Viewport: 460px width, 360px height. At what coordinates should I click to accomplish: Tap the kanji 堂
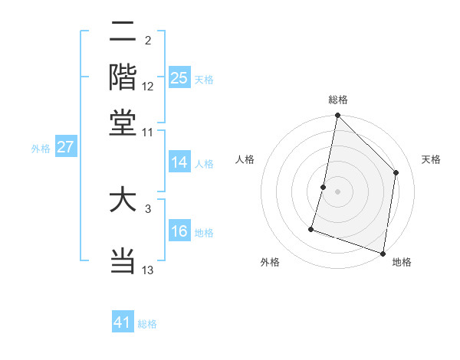[x=123, y=123]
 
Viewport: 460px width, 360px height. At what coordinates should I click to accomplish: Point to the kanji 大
[x=123, y=201]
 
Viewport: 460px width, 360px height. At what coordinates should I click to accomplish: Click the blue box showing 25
[x=179, y=77]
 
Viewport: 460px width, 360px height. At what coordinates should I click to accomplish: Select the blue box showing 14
[x=179, y=162]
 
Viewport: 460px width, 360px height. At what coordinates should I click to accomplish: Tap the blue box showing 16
[x=179, y=231]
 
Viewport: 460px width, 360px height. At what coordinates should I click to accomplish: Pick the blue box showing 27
[x=65, y=148]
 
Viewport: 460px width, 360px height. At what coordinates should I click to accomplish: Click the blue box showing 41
[x=123, y=322]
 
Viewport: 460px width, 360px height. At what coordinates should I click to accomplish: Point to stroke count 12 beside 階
[x=148, y=86]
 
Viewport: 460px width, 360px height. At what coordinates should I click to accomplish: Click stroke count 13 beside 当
[x=148, y=270]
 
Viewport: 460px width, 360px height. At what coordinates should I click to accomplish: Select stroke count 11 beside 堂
[x=148, y=132]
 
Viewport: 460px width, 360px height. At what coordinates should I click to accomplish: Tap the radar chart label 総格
[x=337, y=100]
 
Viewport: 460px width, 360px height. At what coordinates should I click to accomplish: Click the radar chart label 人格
[x=245, y=159]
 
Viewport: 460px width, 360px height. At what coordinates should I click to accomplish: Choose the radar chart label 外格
[x=270, y=263]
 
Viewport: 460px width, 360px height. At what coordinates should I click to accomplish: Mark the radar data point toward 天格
[x=396, y=172]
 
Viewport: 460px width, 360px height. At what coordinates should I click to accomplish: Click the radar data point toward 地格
[x=383, y=253]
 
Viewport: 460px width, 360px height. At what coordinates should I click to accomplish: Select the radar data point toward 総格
[x=337, y=116]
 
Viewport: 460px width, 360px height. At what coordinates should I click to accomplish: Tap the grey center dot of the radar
[x=337, y=191]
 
